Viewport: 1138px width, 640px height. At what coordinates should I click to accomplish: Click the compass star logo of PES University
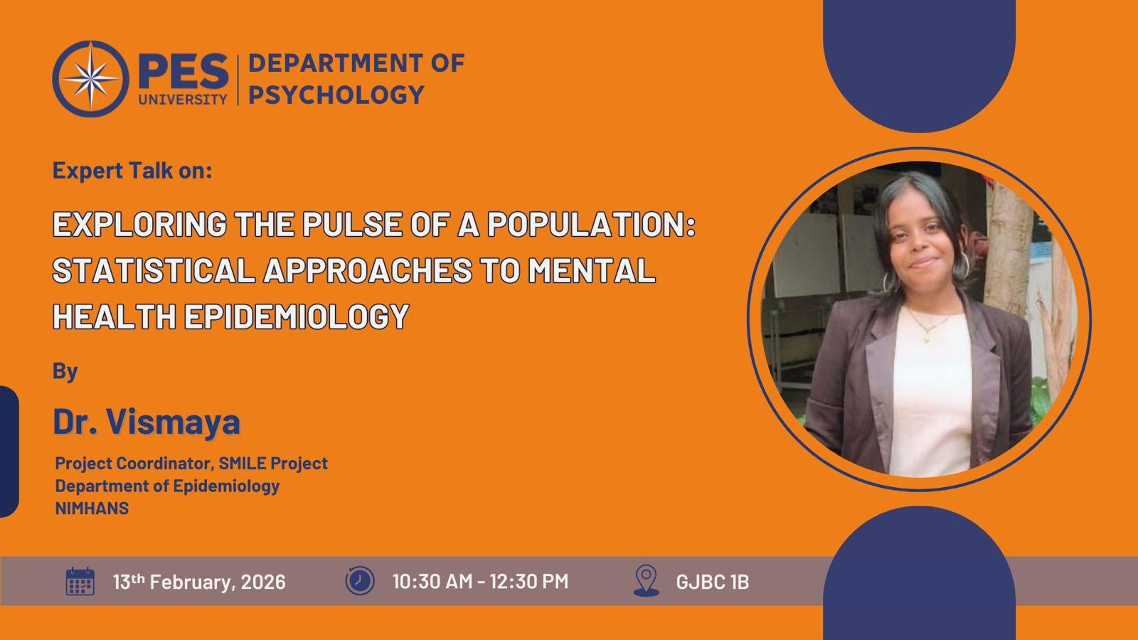click(x=90, y=79)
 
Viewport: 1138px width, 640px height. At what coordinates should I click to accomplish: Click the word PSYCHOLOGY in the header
click(x=336, y=95)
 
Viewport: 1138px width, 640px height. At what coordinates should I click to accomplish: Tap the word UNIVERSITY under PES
click(x=183, y=99)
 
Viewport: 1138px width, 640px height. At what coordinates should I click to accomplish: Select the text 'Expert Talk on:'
click(x=132, y=171)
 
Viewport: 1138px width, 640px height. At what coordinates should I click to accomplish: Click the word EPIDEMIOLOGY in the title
click(x=297, y=316)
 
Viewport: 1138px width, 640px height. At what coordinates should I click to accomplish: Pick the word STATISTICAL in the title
click(x=154, y=270)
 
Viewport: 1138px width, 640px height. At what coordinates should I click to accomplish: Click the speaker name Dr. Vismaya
click(x=147, y=422)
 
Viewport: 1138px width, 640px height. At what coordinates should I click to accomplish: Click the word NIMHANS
click(x=92, y=508)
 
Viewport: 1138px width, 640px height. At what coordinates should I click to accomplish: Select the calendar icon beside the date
click(x=80, y=581)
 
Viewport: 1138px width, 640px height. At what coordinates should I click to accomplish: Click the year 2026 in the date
click(x=263, y=582)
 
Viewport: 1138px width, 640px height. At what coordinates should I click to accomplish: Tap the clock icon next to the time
click(x=360, y=580)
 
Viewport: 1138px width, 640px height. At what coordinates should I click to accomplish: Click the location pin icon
click(x=647, y=580)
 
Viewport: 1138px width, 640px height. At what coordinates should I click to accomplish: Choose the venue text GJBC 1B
click(x=712, y=582)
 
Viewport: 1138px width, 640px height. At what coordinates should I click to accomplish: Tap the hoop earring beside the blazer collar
click(x=890, y=282)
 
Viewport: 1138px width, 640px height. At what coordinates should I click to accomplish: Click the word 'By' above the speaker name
click(x=65, y=372)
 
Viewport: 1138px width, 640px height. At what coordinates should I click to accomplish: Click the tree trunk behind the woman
click(x=1009, y=249)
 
